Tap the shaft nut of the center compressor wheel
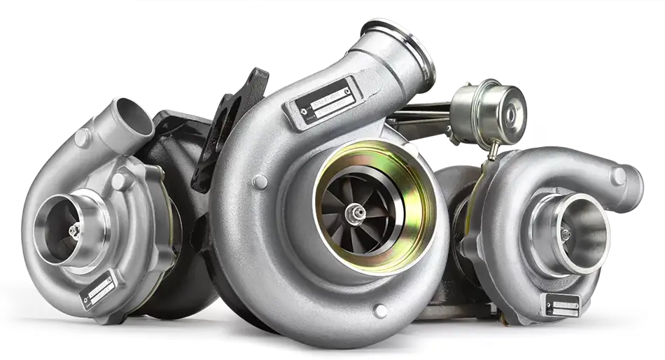[x=359, y=209]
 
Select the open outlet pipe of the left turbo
[x=134, y=116]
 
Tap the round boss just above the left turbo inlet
[x=120, y=181]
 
